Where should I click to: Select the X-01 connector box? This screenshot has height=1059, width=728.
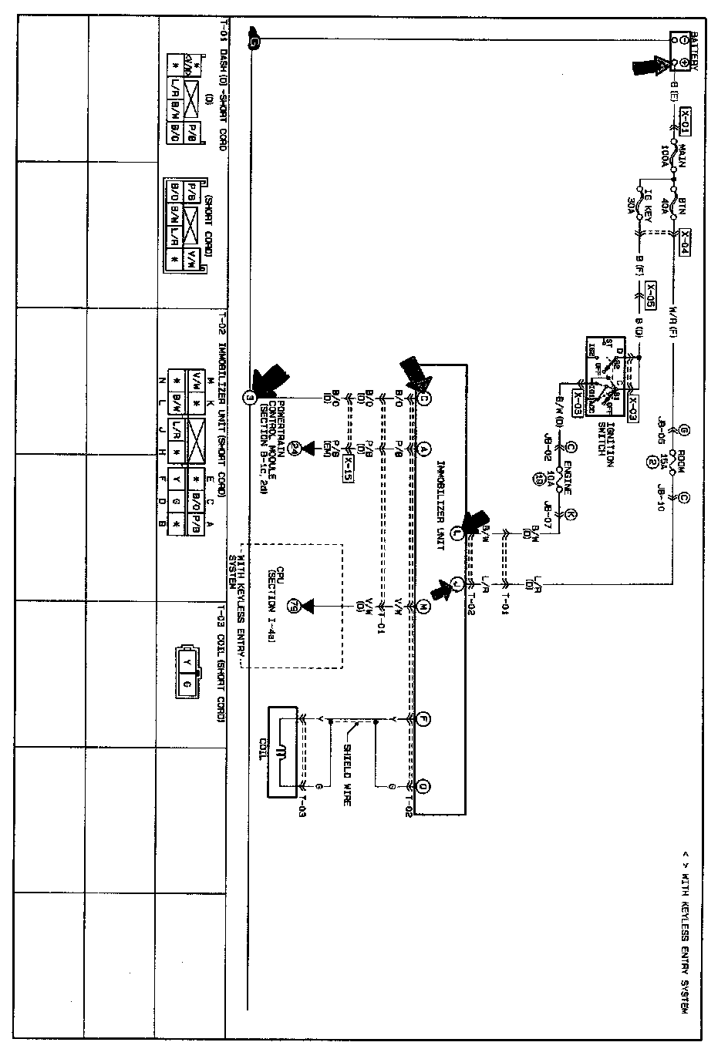tap(684, 120)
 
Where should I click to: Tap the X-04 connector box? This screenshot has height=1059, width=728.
tap(684, 242)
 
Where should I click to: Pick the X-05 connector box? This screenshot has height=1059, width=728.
tap(652, 294)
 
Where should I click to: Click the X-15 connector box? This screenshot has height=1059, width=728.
tap(350, 466)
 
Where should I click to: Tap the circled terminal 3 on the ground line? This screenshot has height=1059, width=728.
tap(249, 398)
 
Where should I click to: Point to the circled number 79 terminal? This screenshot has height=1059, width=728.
tap(292, 608)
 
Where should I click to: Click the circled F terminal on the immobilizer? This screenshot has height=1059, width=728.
tap(423, 720)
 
